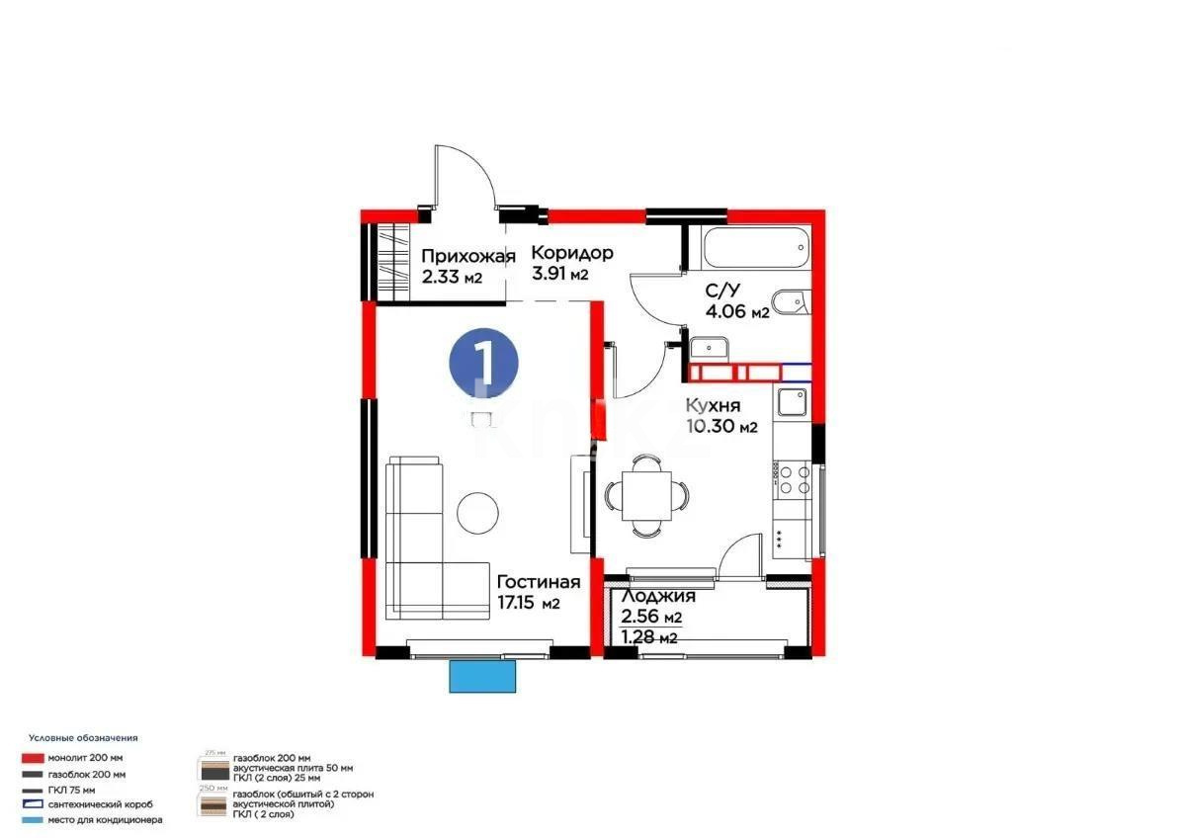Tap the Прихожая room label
coord(467,257)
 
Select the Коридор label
coord(572,252)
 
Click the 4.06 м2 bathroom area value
coord(737,312)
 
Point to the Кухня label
coord(713,405)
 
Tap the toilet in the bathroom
coord(790,302)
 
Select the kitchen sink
coord(793,401)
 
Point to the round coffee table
coord(479,510)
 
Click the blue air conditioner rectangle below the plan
coord(483,677)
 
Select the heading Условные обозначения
coord(83,738)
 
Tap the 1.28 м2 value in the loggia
coord(648,636)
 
